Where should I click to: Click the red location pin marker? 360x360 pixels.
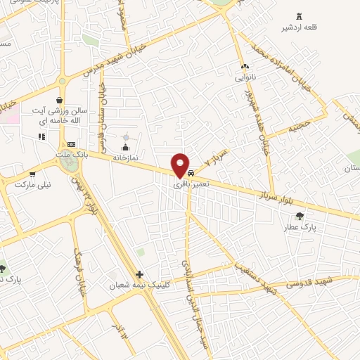click(181, 164)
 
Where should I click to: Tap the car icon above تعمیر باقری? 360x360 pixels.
click(191, 173)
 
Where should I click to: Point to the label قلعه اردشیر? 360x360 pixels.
click(297, 28)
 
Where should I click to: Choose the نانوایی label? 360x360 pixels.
click(245, 76)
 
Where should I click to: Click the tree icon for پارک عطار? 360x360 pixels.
click(300, 216)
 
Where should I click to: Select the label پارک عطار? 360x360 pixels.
click(301, 228)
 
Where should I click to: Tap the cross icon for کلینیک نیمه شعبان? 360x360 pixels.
click(140, 274)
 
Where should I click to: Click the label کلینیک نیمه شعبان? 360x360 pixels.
click(136, 286)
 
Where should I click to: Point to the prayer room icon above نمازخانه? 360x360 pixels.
click(126, 146)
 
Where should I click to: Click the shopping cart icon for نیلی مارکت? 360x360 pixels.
click(32, 173)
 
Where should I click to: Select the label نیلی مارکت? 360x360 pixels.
click(34, 184)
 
